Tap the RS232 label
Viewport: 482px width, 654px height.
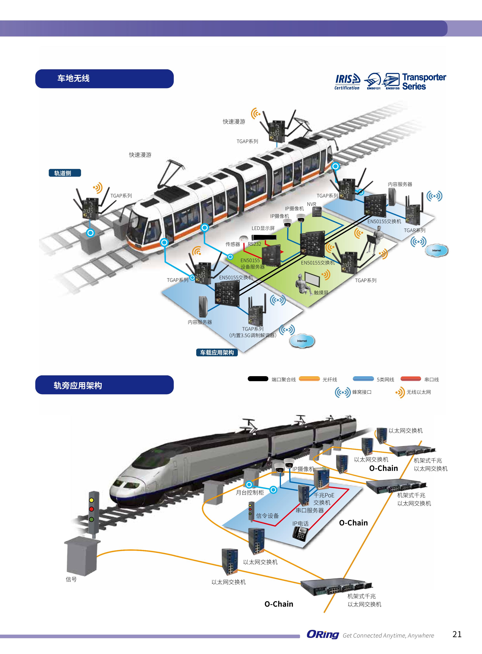(x=255, y=244)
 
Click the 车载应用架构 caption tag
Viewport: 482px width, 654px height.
(x=217, y=352)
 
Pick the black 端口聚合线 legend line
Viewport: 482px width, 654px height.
(x=258, y=379)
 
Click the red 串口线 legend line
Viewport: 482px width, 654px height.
(x=411, y=379)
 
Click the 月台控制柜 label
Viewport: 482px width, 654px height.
(x=250, y=492)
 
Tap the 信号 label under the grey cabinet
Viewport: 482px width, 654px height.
(x=71, y=579)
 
